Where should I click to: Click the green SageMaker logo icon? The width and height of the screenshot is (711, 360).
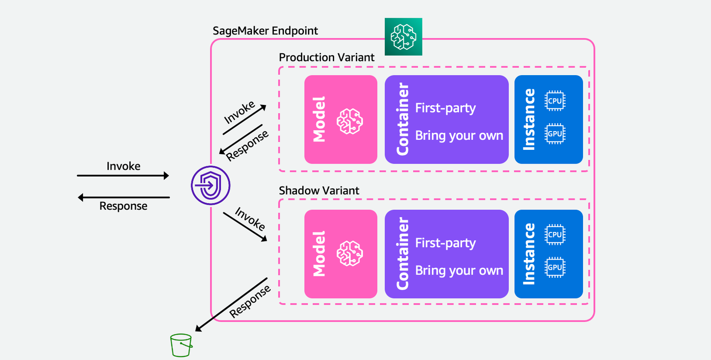pos(403,36)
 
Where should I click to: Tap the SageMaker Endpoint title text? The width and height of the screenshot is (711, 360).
pos(265,31)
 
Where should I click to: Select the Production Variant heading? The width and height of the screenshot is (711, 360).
pos(326,57)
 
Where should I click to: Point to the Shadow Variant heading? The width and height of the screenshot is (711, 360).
pos(319,191)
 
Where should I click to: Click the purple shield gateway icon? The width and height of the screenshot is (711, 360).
pos(211,185)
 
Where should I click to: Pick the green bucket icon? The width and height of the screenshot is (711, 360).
pos(181,345)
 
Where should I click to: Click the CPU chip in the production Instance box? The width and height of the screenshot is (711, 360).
pos(555,101)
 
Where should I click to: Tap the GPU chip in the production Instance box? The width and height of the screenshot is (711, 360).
pos(555,134)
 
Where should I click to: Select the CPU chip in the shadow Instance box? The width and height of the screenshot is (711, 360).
pos(555,235)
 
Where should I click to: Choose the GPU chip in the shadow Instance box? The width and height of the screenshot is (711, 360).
pos(555,267)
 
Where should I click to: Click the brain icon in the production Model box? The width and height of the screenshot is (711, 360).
pos(350,121)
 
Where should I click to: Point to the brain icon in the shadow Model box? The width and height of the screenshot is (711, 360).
pos(350,253)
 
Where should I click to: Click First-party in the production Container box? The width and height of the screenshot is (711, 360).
pos(445,108)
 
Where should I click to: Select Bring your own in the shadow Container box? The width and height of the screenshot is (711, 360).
pos(459,271)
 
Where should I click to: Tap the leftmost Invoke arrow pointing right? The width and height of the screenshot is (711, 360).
pos(123,176)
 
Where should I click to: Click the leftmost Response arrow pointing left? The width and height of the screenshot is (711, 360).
pos(124,197)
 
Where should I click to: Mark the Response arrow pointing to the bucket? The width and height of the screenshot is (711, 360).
pos(231,305)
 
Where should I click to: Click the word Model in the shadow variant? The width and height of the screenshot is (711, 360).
pos(319,254)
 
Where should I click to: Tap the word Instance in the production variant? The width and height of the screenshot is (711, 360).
pos(529,120)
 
